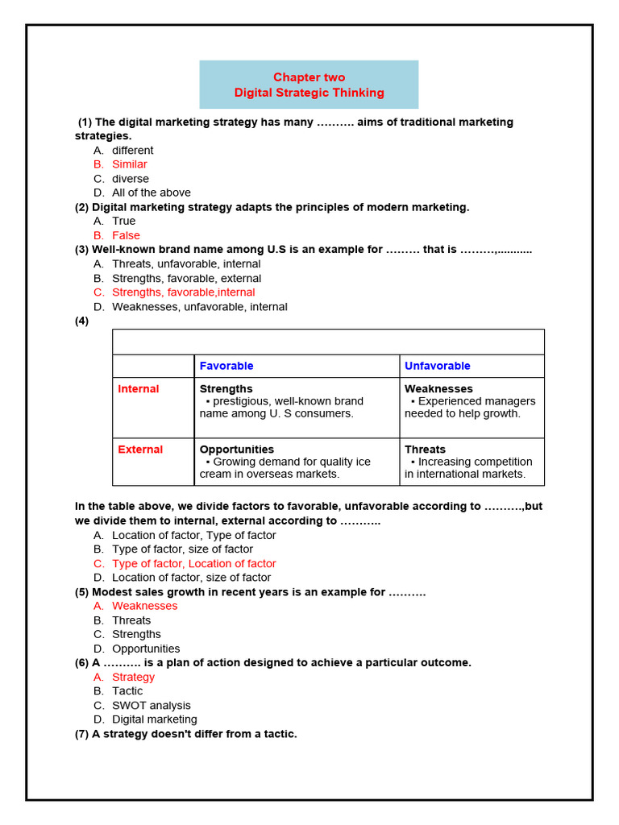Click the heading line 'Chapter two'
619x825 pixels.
pyautogui.click(x=309, y=77)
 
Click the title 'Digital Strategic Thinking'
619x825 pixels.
pyautogui.click(x=309, y=93)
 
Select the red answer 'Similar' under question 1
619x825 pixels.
pyautogui.click(x=129, y=164)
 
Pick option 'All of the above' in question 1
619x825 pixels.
pyautogui.click(x=151, y=193)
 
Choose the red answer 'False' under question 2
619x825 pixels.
pyautogui.click(x=126, y=235)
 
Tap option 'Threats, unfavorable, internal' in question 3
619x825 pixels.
pyautogui.click(x=186, y=263)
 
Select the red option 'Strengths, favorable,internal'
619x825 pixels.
pyautogui.click(x=183, y=292)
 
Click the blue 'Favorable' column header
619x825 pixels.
pyautogui.click(x=226, y=366)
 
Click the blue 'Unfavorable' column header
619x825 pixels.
pyautogui.click(x=438, y=366)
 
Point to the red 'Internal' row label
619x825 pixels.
pyautogui.click(x=139, y=389)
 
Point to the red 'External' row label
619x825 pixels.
pyautogui.click(x=140, y=450)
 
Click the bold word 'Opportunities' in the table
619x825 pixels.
pyautogui.click(x=236, y=450)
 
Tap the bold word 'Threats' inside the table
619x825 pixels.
pyautogui.click(x=425, y=450)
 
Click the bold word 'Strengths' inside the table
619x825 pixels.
pyautogui.click(x=226, y=389)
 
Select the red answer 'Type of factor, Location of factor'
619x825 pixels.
pyautogui.click(x=193, y=563)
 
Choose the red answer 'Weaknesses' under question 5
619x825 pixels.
pyautogui.click(x=144, y=606)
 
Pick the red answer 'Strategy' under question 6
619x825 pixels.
pyautogui.click(x=133, y=677)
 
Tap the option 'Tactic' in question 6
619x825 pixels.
pyautogui.click(x=127, y=691)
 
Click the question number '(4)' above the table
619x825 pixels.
pyautogui.click(x=81, y=321)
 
